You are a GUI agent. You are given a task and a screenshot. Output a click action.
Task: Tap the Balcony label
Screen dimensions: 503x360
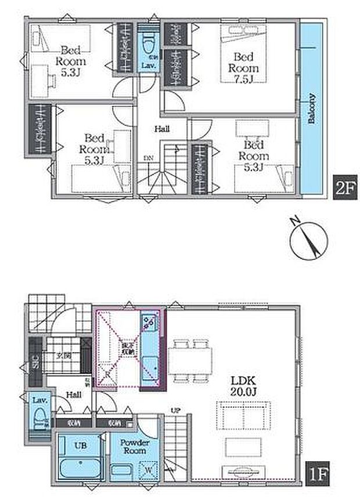point(312,108)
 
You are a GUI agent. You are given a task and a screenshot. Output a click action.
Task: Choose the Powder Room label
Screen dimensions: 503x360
point(135,447)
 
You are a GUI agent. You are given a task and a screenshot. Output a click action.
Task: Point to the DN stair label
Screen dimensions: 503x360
point(149,157)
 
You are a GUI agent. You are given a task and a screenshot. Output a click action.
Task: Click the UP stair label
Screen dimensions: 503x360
point(174,411)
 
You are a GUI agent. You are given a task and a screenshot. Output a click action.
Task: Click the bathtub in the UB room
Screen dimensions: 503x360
point(82,466)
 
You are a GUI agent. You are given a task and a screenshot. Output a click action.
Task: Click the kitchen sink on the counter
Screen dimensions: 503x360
point(148,320)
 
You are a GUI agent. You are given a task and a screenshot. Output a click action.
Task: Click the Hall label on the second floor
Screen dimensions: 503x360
point(161,129)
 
